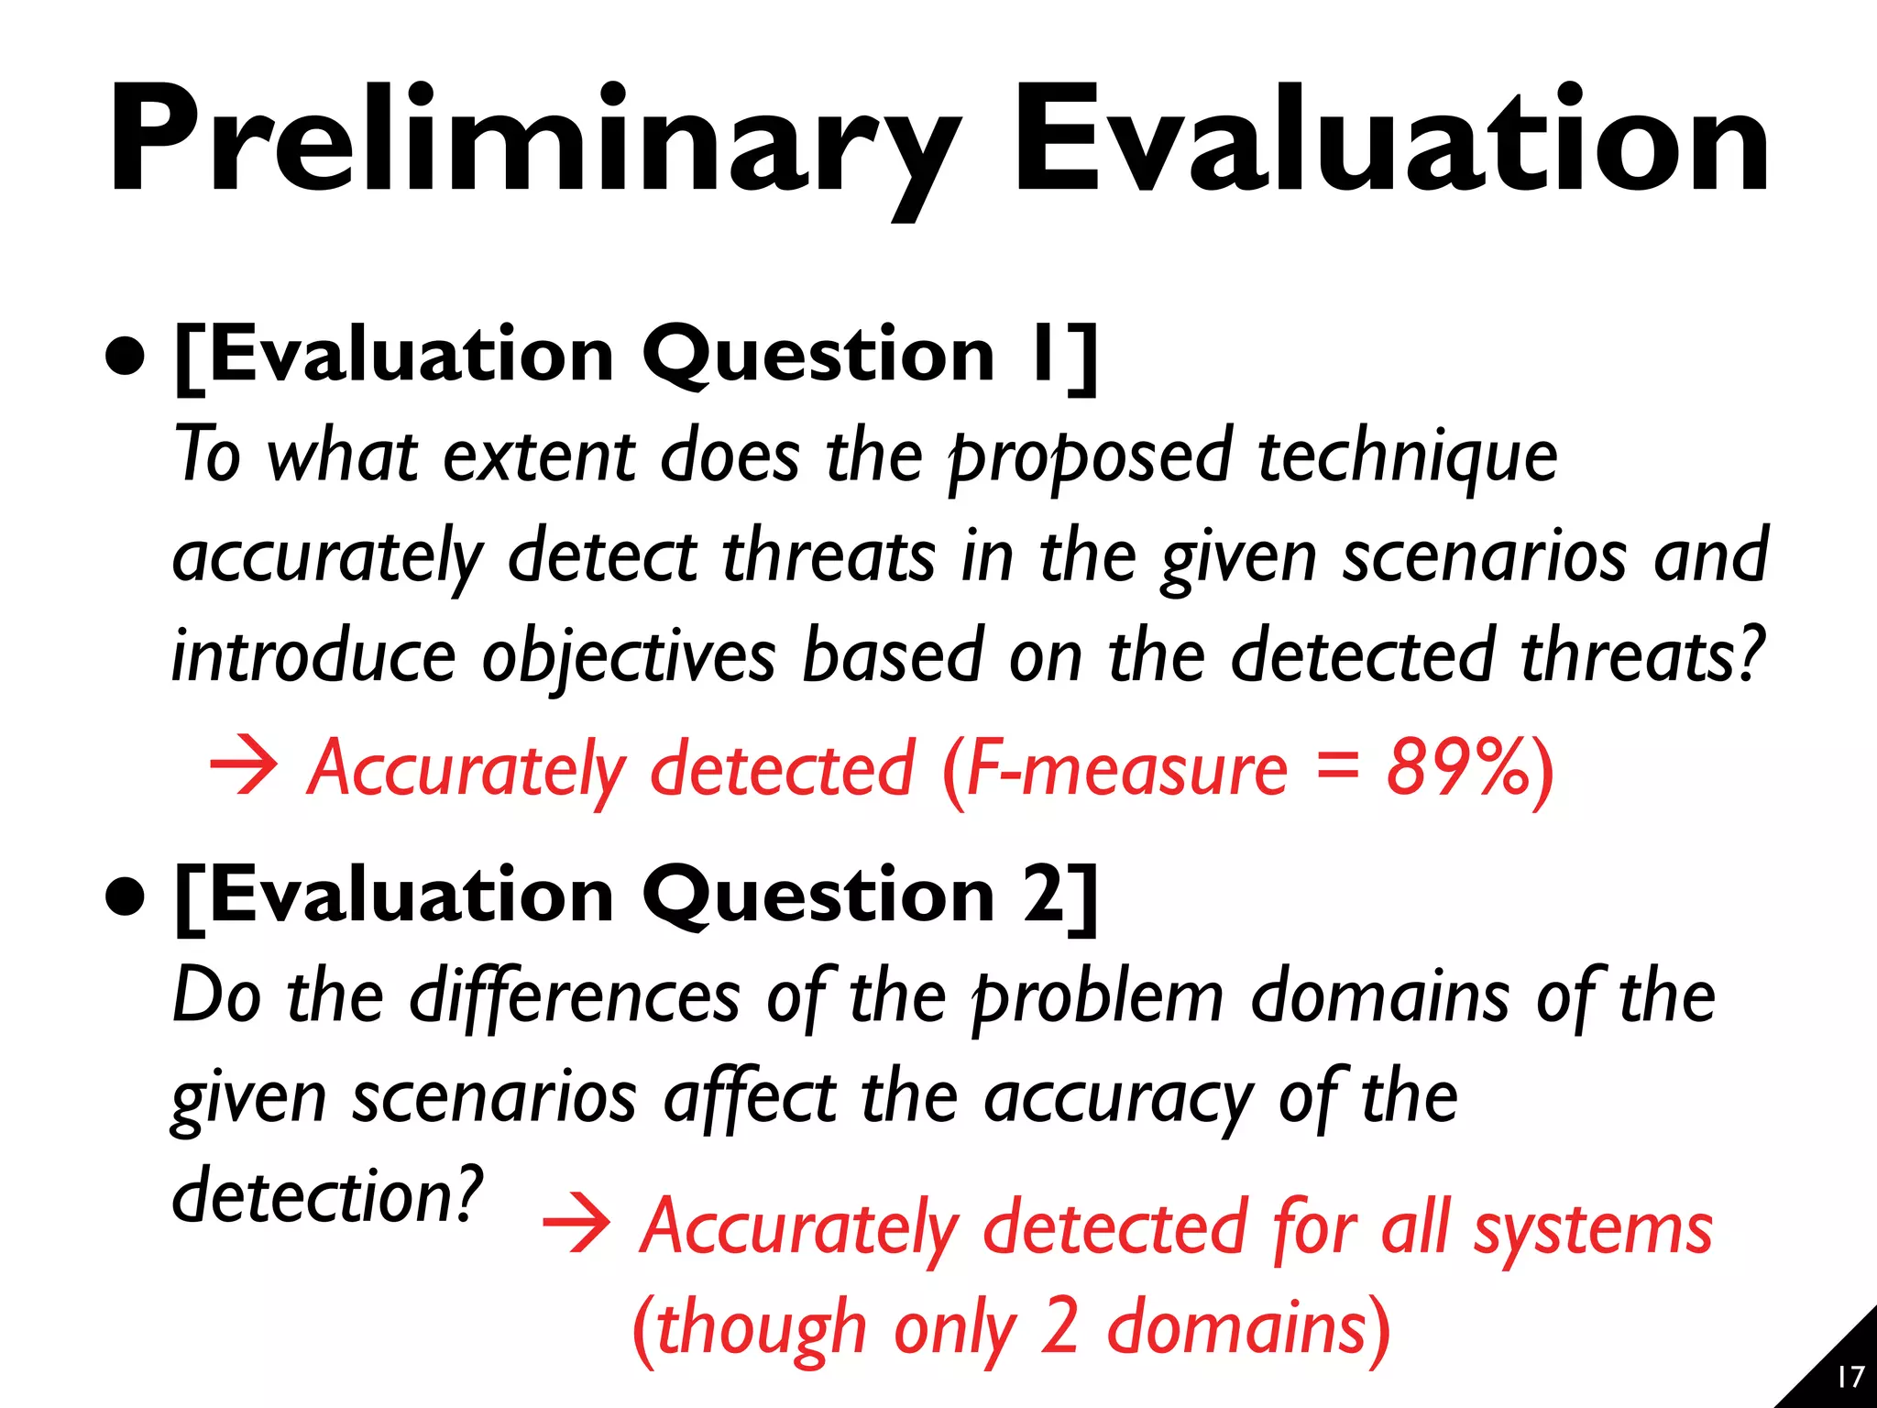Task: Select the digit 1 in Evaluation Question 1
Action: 1040,356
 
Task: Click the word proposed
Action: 1091,456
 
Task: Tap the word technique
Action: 1408,456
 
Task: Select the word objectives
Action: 629,656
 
